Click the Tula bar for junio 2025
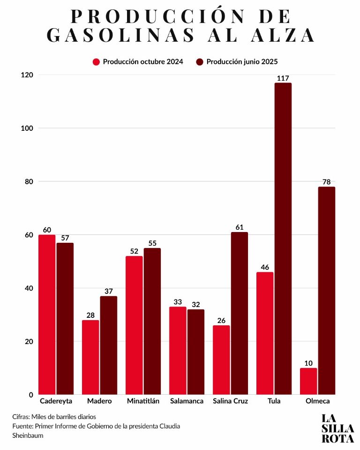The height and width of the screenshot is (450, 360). pos(283,239)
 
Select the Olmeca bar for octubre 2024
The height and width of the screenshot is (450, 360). pos(308,381)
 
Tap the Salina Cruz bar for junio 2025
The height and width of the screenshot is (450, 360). pos(240,313)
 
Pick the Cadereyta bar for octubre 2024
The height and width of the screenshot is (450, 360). pos(47,315)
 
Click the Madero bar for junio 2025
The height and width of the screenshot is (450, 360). pos(109,345)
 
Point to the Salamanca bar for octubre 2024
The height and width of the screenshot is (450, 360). pos(178,351)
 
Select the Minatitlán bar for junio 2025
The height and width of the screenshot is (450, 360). pos(152,321)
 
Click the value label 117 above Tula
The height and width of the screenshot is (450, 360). pos(283,78)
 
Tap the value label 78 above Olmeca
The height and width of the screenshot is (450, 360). pos(327,182)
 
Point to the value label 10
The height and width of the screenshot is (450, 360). pos(308,363)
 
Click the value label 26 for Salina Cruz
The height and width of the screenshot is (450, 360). pos(221,321)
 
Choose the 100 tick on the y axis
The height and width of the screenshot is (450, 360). pos(27,128)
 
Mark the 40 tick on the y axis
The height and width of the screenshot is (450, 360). pos(29,288)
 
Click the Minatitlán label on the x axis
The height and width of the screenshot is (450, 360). pos(143,401)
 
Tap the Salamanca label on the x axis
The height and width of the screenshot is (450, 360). pos(187,401)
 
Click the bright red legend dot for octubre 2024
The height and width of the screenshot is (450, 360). pos(96,62)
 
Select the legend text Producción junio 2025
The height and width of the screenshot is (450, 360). pos(242,62)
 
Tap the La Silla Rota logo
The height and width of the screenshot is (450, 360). pos(337,428)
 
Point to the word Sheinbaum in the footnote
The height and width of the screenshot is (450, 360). pos(28,435)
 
